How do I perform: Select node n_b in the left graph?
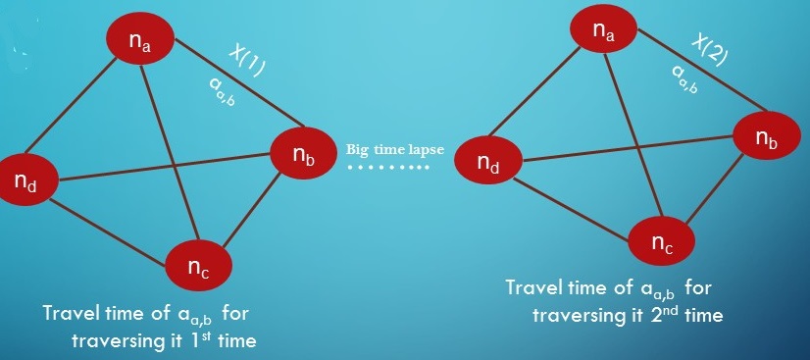[302, 150]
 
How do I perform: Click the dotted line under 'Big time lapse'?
[388, 168]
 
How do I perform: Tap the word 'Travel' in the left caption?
[71, 314]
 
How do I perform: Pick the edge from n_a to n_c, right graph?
[632, 128]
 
